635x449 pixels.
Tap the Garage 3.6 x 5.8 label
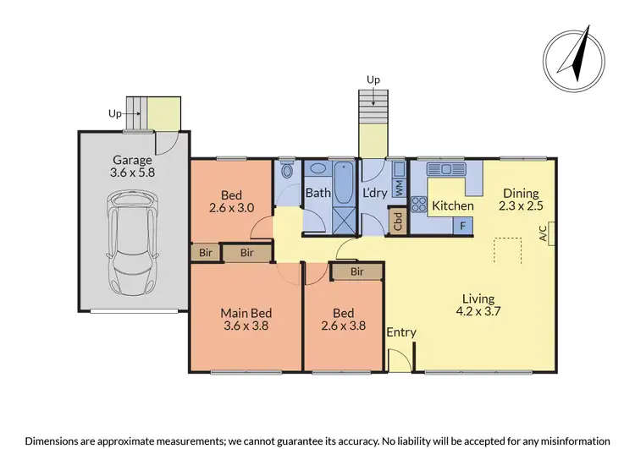132,167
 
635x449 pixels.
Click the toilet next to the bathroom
288,172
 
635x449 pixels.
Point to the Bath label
318,193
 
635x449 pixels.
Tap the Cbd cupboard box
398,222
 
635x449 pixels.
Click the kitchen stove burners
418,203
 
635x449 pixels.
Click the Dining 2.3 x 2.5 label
520,200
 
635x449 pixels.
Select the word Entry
401,332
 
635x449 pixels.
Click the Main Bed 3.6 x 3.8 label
246,320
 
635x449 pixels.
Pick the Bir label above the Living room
356,271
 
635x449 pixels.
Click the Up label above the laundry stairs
373,79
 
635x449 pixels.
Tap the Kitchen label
453,205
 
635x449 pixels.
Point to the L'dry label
375,193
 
